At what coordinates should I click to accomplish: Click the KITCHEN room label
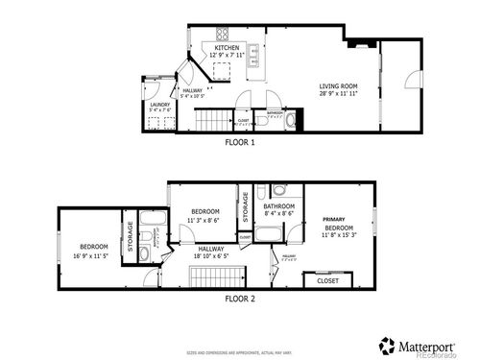point(228,47)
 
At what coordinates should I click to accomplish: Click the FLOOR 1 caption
point(239,142)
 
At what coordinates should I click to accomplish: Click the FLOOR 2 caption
point(239,299)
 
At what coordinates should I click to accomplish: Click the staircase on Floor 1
point(213,119)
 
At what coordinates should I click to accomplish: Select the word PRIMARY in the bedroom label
point(333,219)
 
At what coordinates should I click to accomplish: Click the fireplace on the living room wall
point(361,42)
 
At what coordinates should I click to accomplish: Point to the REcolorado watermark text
point(446,353)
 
